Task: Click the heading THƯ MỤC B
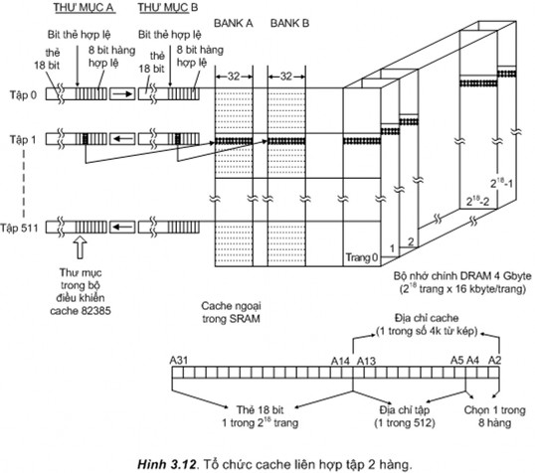click(x=166, y=10)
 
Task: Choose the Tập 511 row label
click(x=24, y=228)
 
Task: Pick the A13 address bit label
click(x=366, y=359)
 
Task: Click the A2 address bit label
click(x=495, y=359)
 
